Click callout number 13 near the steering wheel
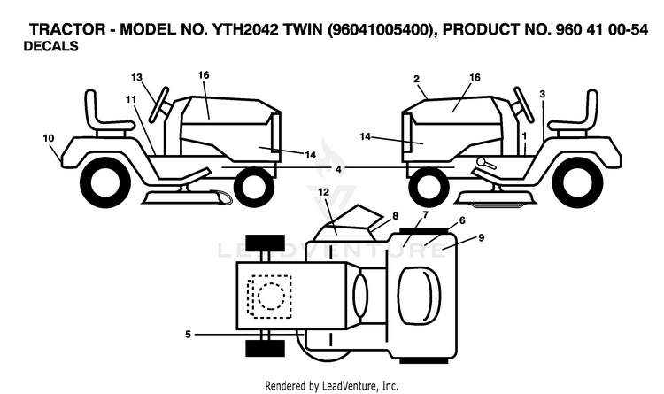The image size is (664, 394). tap(136, 78)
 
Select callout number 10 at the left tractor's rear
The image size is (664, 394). tap(49, 138)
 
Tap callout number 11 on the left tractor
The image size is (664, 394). tap(131, 99)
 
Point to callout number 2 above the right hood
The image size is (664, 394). tap(417, 79)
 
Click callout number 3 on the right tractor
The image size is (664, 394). tap(543, 94)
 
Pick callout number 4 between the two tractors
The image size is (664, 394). tap(338, 169)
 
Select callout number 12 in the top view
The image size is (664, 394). tap(323, 192)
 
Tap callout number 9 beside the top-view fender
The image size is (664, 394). tap(481, 237)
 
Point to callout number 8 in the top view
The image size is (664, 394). tap(395, 216)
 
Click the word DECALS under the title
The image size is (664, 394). tap(50, 46)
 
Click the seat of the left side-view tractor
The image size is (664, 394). tap(107, 113)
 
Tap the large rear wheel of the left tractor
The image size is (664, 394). tap(105, 184)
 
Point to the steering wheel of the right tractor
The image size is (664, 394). tap(523, 104)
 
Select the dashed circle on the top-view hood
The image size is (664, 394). tap(271, 297)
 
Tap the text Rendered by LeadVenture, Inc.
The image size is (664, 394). tap(332, 386)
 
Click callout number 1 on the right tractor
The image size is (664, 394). tap(524, 136)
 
